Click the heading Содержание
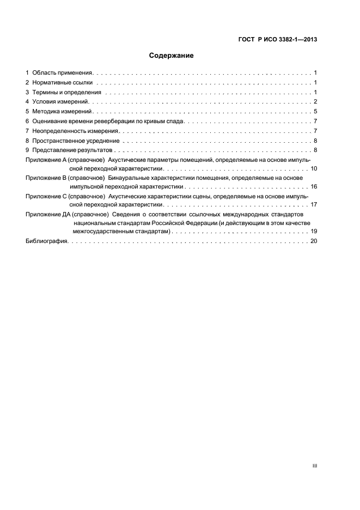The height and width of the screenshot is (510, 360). point(172,56)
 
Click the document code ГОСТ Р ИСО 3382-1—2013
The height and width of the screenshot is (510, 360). point(278,39)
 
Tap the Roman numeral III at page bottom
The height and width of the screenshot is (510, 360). point(315,466)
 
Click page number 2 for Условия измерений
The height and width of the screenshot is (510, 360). point(315,102)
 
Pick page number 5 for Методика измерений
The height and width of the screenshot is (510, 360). point(315,111)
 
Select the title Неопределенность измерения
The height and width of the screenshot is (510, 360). point(76,131)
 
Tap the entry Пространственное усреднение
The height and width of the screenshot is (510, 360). point(76,141)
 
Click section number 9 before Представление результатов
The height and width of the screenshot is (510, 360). point(28,150)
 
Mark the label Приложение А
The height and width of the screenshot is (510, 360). point(46,160)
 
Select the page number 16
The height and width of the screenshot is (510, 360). point(314,186)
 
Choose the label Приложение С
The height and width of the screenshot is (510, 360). point(46,196)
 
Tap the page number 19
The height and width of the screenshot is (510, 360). point(314,232)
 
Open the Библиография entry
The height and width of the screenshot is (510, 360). point(46,241)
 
